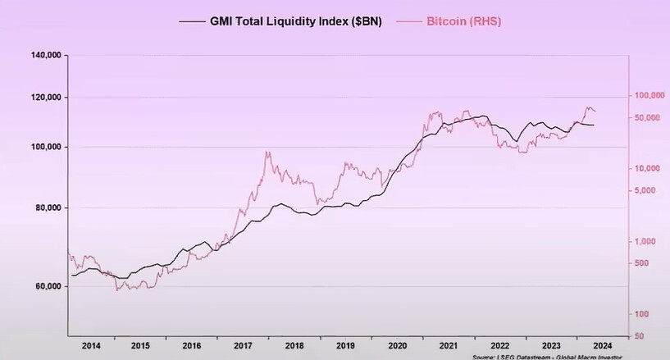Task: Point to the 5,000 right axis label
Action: [x=649, y=190]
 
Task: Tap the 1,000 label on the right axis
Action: [x=649, y=241]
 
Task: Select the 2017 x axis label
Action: [x=243, y=346]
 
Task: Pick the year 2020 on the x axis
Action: [x=396, y=346]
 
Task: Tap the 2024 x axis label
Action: [x=601, y=346]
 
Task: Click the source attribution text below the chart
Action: [x=547, y=357]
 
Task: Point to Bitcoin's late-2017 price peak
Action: [x=267, y=152]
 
